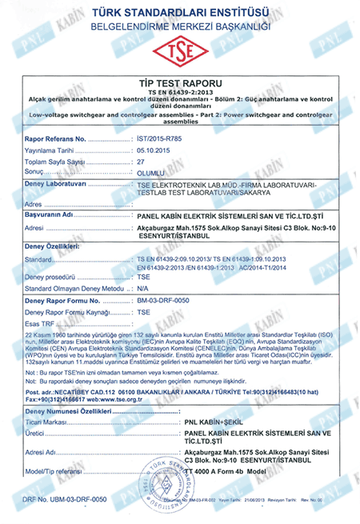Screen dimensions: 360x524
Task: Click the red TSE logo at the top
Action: [179, 52]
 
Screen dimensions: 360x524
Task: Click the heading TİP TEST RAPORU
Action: [179, 82]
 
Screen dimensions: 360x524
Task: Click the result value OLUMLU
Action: [150, 172]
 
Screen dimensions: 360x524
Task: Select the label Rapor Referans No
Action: [56, 138]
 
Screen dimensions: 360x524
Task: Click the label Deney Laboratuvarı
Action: [55, 184]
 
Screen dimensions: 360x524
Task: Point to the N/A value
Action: [142, 286]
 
